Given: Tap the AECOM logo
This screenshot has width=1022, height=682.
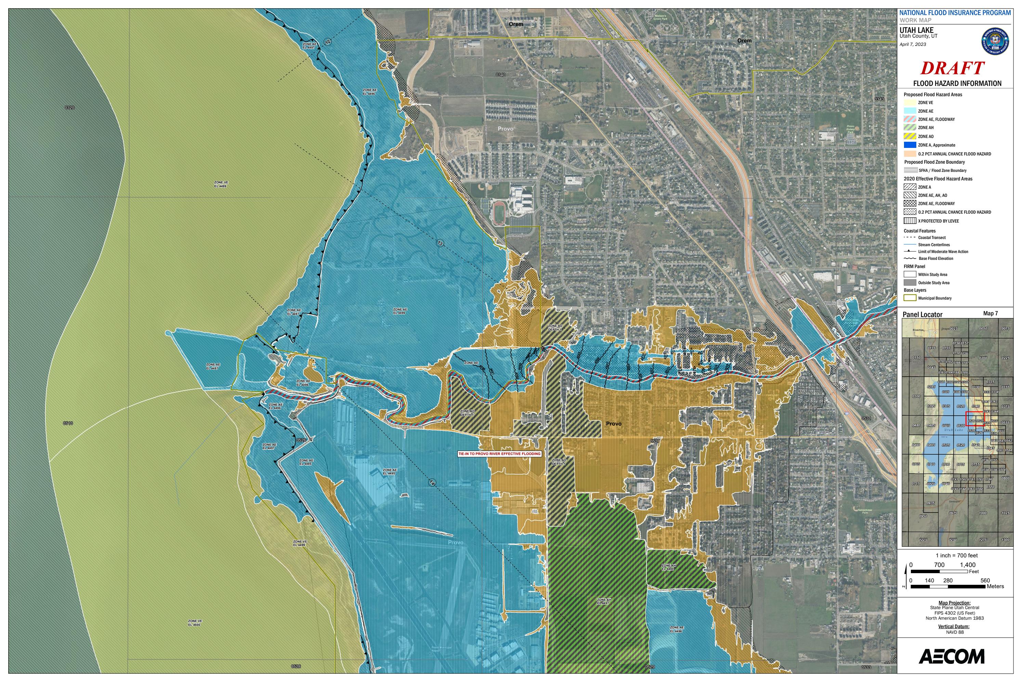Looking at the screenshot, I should point(952,656).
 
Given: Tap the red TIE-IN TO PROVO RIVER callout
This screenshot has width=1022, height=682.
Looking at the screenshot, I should point(500,454).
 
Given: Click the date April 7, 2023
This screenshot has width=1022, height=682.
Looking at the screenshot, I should point(913,45).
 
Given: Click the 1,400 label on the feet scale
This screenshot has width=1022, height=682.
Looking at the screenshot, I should point(968,565).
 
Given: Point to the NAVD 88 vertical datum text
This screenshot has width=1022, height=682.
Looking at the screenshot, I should point(955,632).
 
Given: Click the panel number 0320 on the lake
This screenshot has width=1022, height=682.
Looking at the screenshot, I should point(69,108).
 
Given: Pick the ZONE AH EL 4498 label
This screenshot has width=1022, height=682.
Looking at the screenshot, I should point(668,567).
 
